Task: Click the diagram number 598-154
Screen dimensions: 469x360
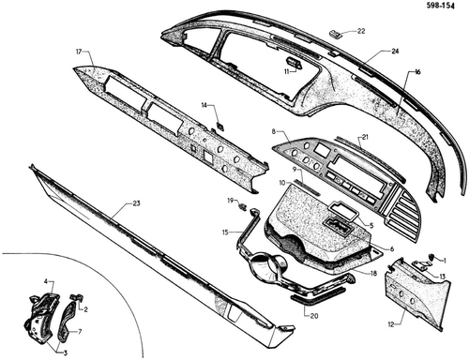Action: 442,6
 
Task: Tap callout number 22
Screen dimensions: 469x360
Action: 361,31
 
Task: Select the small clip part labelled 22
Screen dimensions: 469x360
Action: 336,34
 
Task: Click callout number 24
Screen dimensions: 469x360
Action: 395,51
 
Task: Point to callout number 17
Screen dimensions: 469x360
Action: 79,52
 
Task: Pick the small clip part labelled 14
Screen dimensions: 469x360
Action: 220,126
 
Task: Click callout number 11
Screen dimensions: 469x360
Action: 287,72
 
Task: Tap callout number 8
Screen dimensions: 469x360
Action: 274,131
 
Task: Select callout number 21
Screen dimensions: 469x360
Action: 365,137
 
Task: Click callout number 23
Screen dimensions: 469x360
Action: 136,203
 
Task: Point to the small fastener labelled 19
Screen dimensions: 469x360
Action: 242,206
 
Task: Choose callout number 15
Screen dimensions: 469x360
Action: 226,232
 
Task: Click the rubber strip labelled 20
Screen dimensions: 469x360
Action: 318,292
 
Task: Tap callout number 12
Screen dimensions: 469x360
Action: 391,324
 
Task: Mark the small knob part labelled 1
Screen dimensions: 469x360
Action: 431,257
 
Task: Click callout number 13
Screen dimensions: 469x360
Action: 442,277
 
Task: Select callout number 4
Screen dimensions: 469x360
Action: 46,281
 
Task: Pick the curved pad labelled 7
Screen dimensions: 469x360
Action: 67,321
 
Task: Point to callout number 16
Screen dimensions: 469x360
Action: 417,72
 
